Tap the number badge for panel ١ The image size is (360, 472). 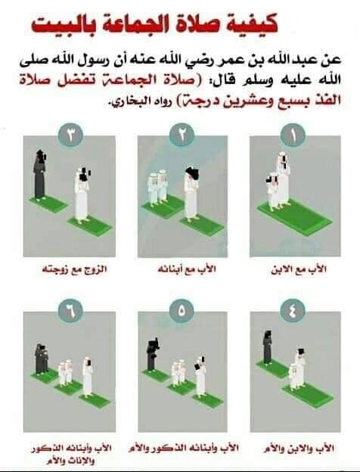pyautogui.click(x=293, y=135)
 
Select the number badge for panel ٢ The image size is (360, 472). pyautogui.click(x=182, y=135)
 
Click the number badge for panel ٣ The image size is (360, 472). pyautogui.click(x=70, y=135)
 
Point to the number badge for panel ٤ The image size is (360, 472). pyautogui.click(x=293, y=311)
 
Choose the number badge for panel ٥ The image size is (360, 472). pyautogui.click(x=182, y=311)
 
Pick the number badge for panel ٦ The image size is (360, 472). pyautogui.click(x=70, y=311)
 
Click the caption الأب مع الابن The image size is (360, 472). pyautogui.click(x=299, y=269)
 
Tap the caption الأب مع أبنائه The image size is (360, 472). pyautogui.click(x=187, y=269)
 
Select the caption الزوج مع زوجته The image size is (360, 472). pyautogui.click(x=74, y=269)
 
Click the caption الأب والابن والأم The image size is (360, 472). pyautogui.click(x=299, y=449)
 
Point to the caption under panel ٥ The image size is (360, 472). pyautogui.click(x=184, y=448)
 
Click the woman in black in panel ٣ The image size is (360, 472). pyautogui.click(x=39, y=175)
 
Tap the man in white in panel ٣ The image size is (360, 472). pyautogui.click(x=82, y=195)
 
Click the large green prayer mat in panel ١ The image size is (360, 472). pyautogui.click(x=295, y=217)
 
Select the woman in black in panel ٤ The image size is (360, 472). pyautogui.click(x=267, y=347)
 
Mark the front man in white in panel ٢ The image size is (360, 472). pyautogui.click(x=191, y=193)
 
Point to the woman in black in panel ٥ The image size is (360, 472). pyautogui.click(x=152, y=356)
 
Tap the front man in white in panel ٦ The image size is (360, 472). pyautogui.click(x=88, y=376)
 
